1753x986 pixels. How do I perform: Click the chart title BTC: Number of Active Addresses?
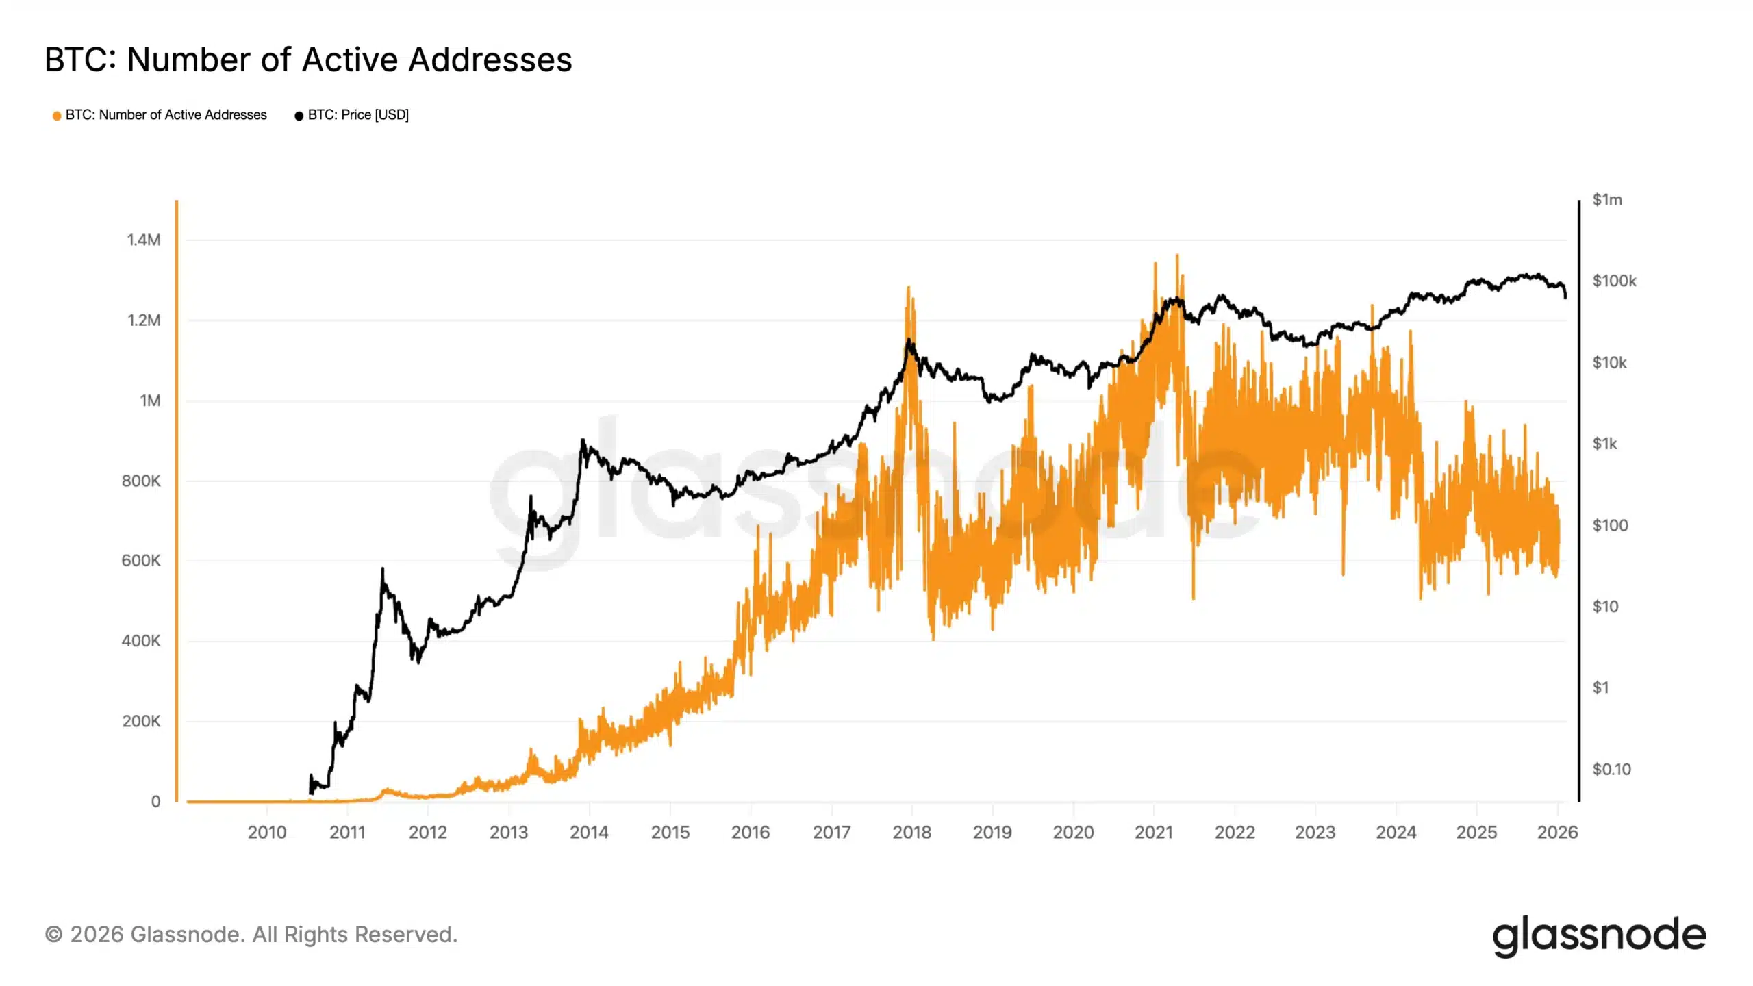(308, 60)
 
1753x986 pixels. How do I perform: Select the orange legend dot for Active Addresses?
(57, 116)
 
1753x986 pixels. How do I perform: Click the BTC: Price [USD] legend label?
(357, 115)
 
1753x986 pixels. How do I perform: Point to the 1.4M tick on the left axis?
(144, 240)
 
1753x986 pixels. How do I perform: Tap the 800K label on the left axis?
(141, 481)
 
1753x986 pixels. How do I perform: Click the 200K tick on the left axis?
(141, 722)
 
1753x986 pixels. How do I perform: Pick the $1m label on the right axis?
(1606, 200)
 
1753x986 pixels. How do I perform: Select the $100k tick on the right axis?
(1614, 281)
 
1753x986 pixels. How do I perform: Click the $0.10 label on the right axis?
(1611, 770)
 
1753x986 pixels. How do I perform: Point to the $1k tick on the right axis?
(1604, 444)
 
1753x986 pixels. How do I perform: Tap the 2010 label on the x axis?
(266, 833)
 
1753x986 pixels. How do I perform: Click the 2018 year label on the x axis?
(911, 833)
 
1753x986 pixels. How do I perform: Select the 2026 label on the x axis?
(1557, 833)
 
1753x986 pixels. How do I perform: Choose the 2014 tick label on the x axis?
(589, 833)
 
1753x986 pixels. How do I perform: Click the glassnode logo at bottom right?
(1599, 935)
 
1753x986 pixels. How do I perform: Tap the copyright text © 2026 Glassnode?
(251, 935)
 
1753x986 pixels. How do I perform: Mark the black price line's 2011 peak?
(382, 570)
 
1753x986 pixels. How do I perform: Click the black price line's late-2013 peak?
(583, 441)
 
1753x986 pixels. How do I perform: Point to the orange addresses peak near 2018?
(909, 288)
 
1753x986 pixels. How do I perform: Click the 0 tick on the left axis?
(155, 802)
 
